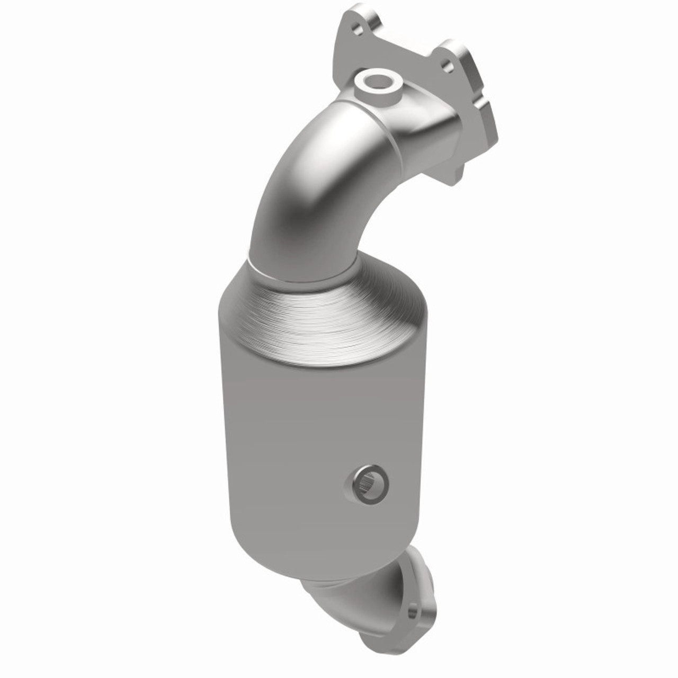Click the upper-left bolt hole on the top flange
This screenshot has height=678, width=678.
pos(359,30)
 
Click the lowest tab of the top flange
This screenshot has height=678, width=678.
pos(453,172)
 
